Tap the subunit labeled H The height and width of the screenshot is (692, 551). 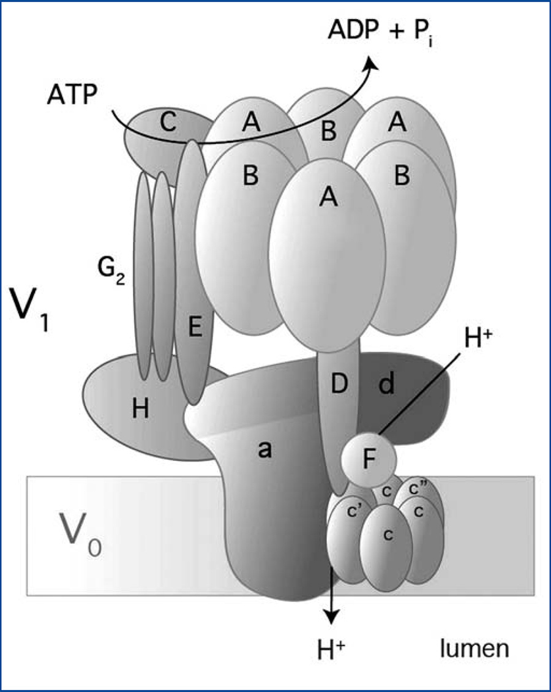click(141, 410)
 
